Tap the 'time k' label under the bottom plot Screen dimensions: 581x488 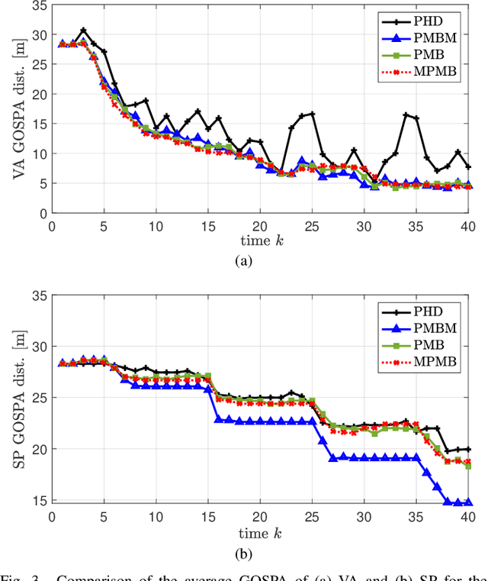pyautogui.click(x=259, y=533)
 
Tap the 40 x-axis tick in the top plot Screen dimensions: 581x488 pyautogui.click(x=467, y=226)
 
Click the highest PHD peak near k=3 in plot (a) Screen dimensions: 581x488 pyautogui.click(x=83, y=31)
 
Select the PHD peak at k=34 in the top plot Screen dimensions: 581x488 pyautogui.click(x=406, y=115)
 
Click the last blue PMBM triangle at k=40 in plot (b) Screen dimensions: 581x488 pyautogui.click(x=467, y=502)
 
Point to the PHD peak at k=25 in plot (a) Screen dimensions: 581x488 pyautogui.click(x=312, y=114)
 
